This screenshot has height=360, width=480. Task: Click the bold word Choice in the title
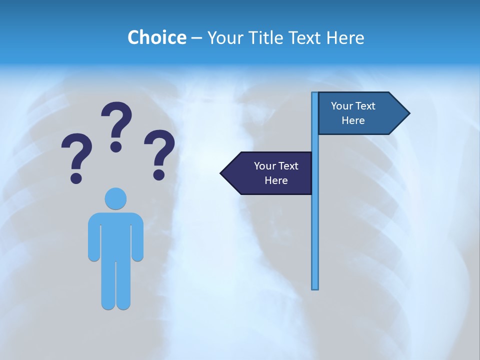[x=156, y=37]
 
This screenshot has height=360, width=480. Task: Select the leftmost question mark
[x=76, y=152]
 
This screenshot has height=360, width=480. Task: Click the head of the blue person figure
[x=115, y=198]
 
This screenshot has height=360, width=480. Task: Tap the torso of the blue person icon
[x=115, y=235]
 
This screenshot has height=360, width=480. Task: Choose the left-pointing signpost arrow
[x=267, y=173]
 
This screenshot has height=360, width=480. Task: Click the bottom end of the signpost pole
[x=315, y=287]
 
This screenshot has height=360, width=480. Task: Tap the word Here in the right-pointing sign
[x=353, y=120]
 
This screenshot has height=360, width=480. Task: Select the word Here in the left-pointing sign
[x=276, y=180]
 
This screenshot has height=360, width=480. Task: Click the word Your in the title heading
[x=222, y=37]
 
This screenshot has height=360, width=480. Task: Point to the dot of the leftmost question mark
[x=76, y=177]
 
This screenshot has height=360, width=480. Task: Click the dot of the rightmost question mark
[x=159, y=174]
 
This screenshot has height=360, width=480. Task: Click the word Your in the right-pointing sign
[x=342, y=106]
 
